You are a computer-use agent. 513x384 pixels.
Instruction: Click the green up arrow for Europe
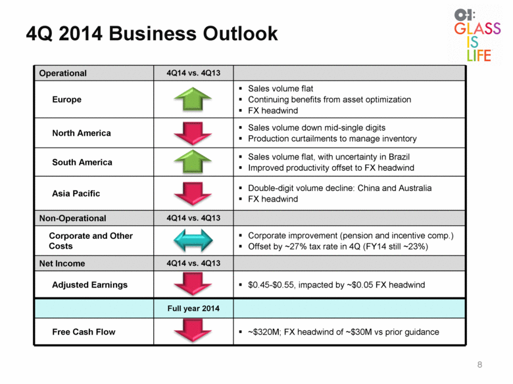[193, 98]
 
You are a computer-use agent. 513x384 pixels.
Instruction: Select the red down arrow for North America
[193, 133]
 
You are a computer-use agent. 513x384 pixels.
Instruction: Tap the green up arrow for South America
[193, 161]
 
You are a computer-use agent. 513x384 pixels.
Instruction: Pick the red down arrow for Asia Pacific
[193, 194]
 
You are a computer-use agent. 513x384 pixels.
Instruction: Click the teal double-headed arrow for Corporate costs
[193, 240]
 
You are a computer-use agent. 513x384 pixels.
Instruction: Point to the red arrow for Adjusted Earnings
[193, 284]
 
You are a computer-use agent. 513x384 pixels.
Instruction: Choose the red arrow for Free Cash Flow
[193, 331]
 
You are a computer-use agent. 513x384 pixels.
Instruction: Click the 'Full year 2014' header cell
[193, 309]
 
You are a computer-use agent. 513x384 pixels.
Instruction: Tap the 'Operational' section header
[63, 73]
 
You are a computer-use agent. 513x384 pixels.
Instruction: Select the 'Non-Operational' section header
[72, 218]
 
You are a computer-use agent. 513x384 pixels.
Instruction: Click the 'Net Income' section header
[62, 263]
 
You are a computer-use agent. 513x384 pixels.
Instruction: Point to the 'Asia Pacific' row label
[76, 194]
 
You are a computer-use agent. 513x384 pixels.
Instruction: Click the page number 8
[479, 365]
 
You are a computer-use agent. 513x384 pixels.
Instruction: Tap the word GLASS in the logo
[477, 28]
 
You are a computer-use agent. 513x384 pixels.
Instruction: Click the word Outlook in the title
[240, 33]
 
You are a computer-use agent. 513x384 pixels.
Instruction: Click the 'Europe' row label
[66, 100]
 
